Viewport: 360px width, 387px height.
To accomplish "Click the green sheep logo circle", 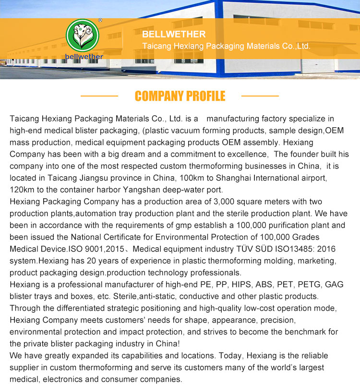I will [x=82, y=36].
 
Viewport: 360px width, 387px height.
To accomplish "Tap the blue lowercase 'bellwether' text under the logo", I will [x=84, y=56].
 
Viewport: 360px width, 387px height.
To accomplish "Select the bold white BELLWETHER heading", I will [x=174, y=34].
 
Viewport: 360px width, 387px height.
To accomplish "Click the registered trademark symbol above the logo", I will [x=100, y=21].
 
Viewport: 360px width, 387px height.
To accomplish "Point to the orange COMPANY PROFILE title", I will [x=180, y=96].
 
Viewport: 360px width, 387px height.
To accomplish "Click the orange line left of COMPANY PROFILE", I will [x=99, y=96].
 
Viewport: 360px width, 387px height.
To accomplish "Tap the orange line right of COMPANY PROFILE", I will [x=260, y=96].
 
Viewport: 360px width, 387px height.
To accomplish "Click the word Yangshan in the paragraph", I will [x=157, y=190].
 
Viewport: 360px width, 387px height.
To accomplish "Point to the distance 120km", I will [x=22, y=190].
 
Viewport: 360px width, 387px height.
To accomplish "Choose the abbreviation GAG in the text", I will [x=334, y=284].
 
